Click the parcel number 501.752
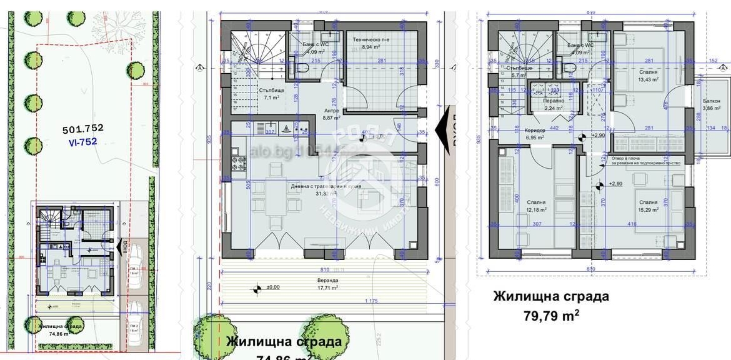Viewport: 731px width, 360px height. tap(82, 129)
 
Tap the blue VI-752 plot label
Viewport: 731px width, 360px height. tap(82, 142)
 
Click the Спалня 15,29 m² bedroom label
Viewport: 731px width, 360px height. tap(648, 206)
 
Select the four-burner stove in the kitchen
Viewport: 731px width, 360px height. tap(238, 163)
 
